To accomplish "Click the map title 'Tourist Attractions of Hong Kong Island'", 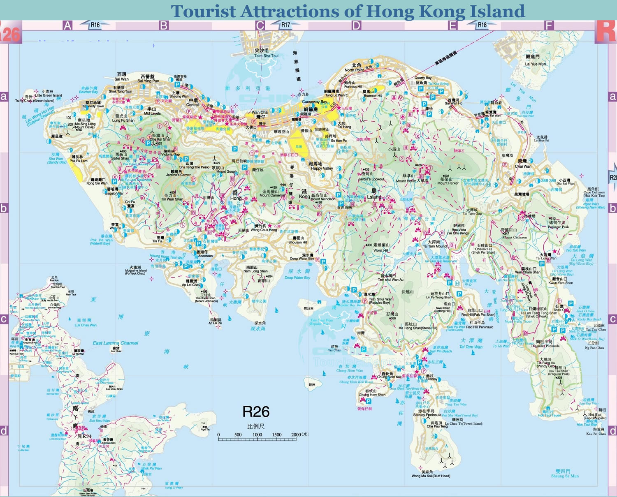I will point(348,11).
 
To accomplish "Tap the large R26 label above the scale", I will point(256,411).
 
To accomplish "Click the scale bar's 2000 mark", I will point(296,435).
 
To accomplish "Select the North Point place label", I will point(354,70).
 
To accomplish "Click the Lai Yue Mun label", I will point(535,64).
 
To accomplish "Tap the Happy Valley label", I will point(322,168).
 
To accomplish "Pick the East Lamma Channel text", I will point(115,343).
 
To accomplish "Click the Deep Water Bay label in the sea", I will point(297,277).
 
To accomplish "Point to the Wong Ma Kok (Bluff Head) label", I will point(431,476).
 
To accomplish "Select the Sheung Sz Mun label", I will point(564,476).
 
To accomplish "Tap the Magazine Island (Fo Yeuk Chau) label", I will point(136,271).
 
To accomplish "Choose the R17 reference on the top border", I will point(285,25).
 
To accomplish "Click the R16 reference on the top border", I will point(95,25).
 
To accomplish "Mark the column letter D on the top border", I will point(356,25).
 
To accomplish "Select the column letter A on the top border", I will point(67,25).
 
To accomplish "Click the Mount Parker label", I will point(448,183).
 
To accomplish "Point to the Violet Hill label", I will point(380,250).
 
